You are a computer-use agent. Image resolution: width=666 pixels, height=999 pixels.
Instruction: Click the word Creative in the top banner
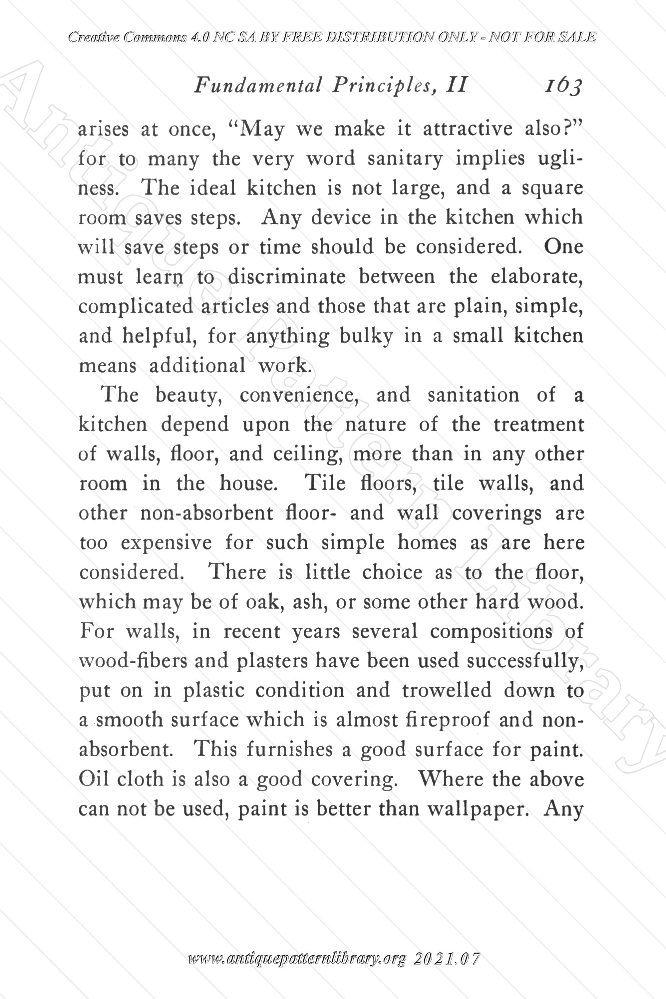tap(93, 38)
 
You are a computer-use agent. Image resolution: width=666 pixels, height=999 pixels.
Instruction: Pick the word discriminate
tap(287, 277)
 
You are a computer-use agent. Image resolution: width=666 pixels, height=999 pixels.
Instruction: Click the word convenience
tap(300, 396)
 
